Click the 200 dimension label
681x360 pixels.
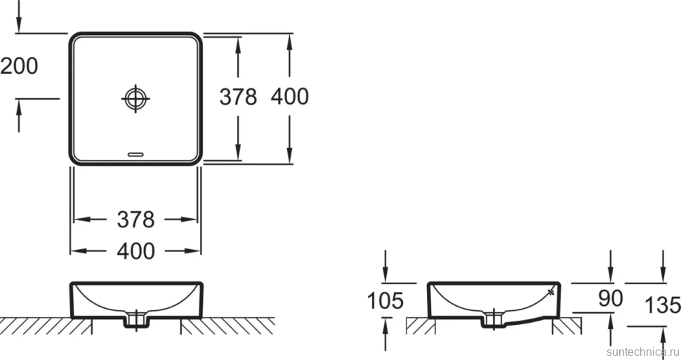(19, 66)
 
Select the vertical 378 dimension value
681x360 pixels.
(238, 96)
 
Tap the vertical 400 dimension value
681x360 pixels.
(290, 96)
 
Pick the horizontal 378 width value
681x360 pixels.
(135, 220)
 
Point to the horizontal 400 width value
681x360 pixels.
(135, 251)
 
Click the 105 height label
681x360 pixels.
(385, 300)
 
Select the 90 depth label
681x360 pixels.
(610, 298)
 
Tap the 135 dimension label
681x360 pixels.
(662, 305)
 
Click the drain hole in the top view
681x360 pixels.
(135, 98)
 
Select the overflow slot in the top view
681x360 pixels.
(135, 154)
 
